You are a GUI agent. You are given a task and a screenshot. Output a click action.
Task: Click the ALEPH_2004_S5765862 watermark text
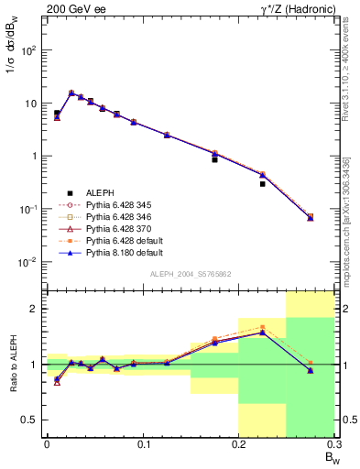[x=191, y=274]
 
